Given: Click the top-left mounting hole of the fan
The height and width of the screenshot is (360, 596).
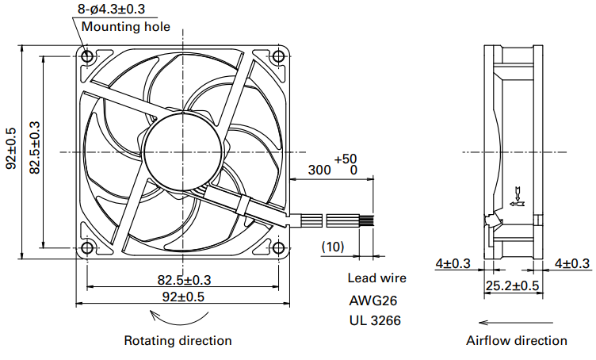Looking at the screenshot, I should point(87,57).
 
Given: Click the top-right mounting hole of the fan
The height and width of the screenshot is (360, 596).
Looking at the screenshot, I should point(277,57).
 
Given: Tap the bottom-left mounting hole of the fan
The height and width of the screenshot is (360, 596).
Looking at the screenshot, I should point(87,247).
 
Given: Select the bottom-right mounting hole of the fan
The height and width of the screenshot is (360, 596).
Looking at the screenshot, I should point(277,247).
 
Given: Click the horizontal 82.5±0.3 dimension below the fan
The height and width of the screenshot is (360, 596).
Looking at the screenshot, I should point(184,279).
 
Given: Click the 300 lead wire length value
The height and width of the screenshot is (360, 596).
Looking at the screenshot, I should point(319,170).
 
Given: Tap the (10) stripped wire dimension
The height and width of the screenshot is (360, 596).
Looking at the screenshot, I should point(333,247).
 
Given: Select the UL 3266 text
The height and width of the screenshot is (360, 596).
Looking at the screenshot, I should point(374,321).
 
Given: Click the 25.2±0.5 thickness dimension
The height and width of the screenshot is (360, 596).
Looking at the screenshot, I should point(514,285).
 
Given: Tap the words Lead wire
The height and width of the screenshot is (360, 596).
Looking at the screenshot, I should point(376,278).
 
